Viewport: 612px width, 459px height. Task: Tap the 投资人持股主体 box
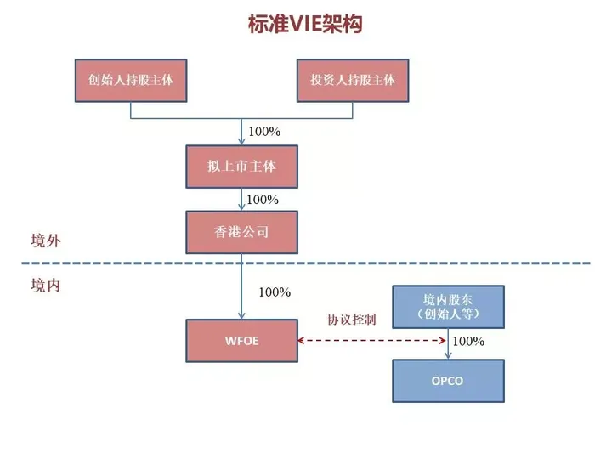(x=353, y=80)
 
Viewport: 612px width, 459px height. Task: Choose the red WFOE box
(x=242, y=341)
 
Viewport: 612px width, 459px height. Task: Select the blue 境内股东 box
(x=448, y=307)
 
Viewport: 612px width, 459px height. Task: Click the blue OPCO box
(x=448, y=381)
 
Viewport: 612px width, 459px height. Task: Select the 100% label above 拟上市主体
(x=263, y=132)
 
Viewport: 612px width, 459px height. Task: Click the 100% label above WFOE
(x=275, y=292)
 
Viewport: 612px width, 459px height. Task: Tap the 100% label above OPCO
(x=468, y=341)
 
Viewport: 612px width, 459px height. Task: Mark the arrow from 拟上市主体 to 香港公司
(x=242, y=200)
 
